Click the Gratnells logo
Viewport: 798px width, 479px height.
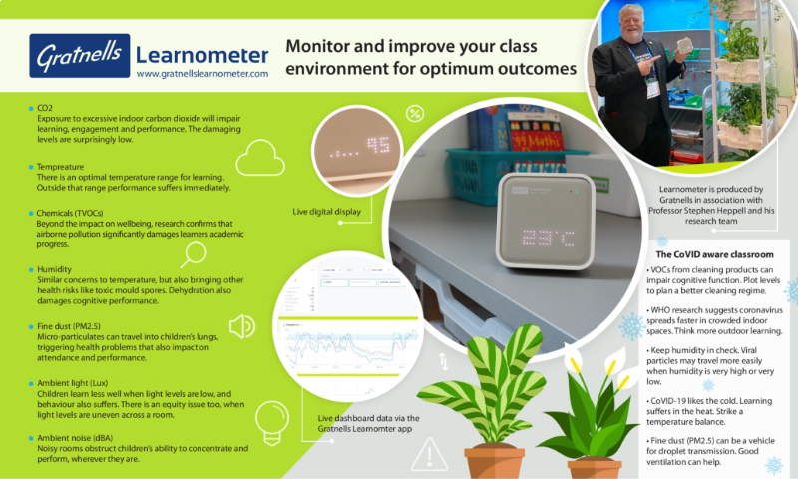point(78,58)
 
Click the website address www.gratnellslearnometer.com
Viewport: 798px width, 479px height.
point(202,74)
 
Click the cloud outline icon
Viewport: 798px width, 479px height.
point(261,158)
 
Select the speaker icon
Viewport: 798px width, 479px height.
point(240,326)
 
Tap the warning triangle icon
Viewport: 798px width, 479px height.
point(429,456)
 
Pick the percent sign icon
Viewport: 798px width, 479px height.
point(414,114)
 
